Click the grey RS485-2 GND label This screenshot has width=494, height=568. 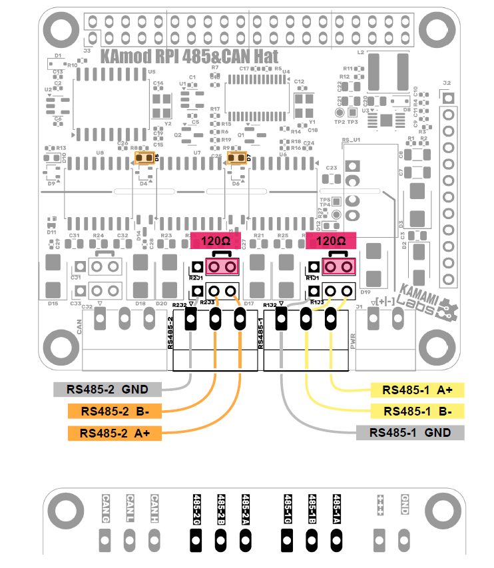click(106, 390)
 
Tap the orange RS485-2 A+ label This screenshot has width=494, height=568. click(115, 433)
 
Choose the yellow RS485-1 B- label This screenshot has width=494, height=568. click(417, 411)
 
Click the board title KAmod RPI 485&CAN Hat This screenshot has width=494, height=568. click(189, 57)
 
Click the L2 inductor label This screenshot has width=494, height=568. click(360, 51)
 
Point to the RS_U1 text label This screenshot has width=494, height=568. click(351, 141)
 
